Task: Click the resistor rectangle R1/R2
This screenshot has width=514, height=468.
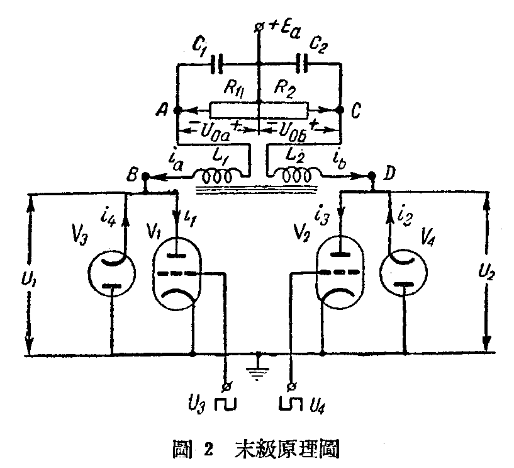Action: [259, 110]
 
